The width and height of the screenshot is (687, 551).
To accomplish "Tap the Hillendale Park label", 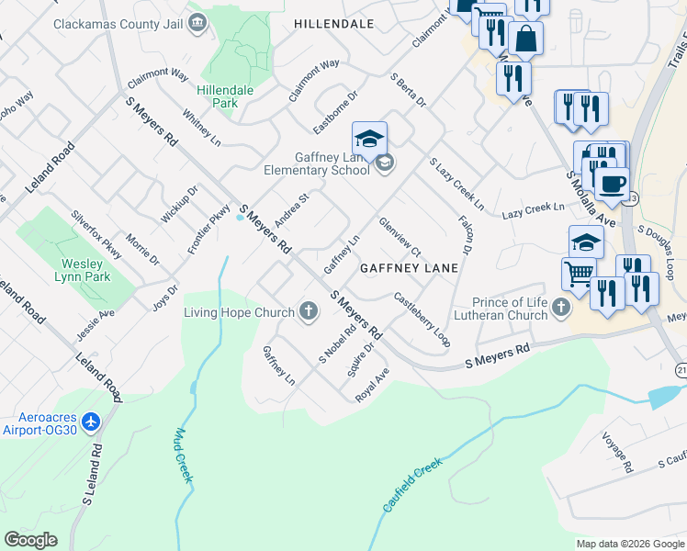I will coord(217,96).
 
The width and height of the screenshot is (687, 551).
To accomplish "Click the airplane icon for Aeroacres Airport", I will coord(90,422).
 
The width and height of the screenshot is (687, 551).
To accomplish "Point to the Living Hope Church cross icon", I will coord(308,312).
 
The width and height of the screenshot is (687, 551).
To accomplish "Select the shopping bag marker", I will coord(526,39).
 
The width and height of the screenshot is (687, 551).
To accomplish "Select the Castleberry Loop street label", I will coord(422,319).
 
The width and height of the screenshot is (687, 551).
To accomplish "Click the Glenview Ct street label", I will coord(400,237).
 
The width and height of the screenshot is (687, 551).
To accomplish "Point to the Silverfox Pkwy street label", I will coord(96,237).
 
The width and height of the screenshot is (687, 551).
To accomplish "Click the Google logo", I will coord(30,540).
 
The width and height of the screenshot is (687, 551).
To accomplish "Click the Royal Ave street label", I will coord(373,384).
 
